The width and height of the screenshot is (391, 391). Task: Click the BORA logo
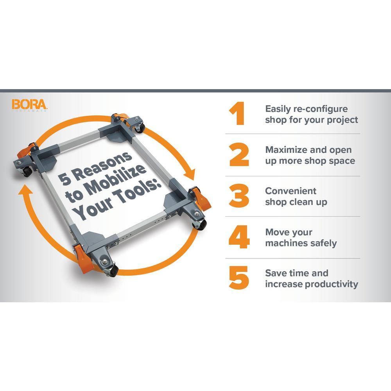tap(29, 105)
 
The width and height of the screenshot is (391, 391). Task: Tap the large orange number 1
tap(237, 113)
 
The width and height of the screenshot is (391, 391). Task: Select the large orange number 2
tap(239, 154)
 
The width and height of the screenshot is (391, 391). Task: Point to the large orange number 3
tap(239, 195)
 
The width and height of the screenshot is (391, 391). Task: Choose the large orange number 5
tap(239, 278)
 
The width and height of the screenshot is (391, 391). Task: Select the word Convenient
tap(291, 191)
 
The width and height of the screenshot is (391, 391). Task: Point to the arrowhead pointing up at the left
tap(25, 190)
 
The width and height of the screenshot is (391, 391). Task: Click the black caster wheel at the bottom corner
tap(113, 271)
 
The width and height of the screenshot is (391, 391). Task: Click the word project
tap(343, 120)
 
